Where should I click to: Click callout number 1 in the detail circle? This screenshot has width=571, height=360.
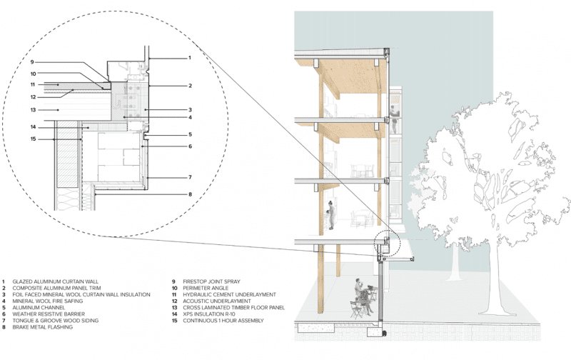(189, 57)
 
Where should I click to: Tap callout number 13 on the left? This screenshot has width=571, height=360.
(33, 110)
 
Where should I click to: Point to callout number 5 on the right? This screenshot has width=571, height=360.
(189, 134)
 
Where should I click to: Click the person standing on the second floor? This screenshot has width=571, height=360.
(331, 214)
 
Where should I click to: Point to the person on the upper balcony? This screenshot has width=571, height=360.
(392, 114)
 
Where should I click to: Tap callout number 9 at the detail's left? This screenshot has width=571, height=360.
(33, 61)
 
